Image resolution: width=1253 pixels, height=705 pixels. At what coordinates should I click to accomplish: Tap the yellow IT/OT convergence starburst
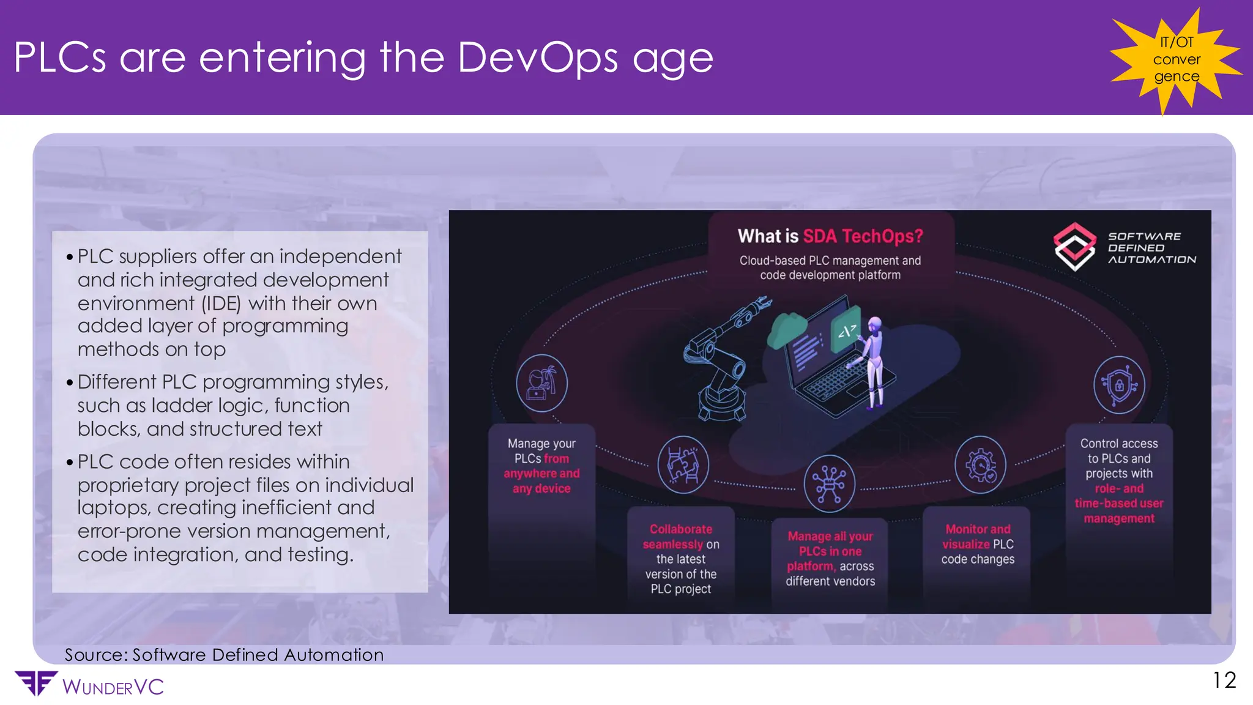pyautogui.click(x=1176, y=59)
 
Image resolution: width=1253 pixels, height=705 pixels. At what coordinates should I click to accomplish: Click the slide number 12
pyautogui.click(x=1224, y=680)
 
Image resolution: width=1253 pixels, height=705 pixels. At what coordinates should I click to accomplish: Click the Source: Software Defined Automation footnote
pyautogui.click(x=224, y=655)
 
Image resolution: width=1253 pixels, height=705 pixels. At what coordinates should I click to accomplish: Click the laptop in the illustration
pyautogui.click(x=832, y=361)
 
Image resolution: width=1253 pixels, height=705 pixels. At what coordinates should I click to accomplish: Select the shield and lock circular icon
pyautogui.click(x=1119, y=386)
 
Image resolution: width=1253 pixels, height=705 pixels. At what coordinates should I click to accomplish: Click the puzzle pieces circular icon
pyautogui.click(x=683, y=465)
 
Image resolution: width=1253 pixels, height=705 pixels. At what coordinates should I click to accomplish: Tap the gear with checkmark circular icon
pyautogui.click(x=980, y=465)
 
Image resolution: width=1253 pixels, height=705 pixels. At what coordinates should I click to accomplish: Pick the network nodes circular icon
pyautogui.click(x=829, y=483)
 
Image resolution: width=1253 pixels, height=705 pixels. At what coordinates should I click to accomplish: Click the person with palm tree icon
pyautogui.click(x=541, y=384)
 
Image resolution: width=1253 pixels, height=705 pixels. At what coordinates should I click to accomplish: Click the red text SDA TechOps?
pyautogui.click(x=863, y=236)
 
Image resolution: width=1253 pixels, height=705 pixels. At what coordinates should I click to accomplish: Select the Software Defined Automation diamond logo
pyautogui.click(x=1074, y=247)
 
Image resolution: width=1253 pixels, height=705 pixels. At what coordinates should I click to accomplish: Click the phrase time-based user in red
pyautogui.click(x=1119, y=504)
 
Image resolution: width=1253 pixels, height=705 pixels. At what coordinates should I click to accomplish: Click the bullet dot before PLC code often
pyautogui.click(x=70, y=462)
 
